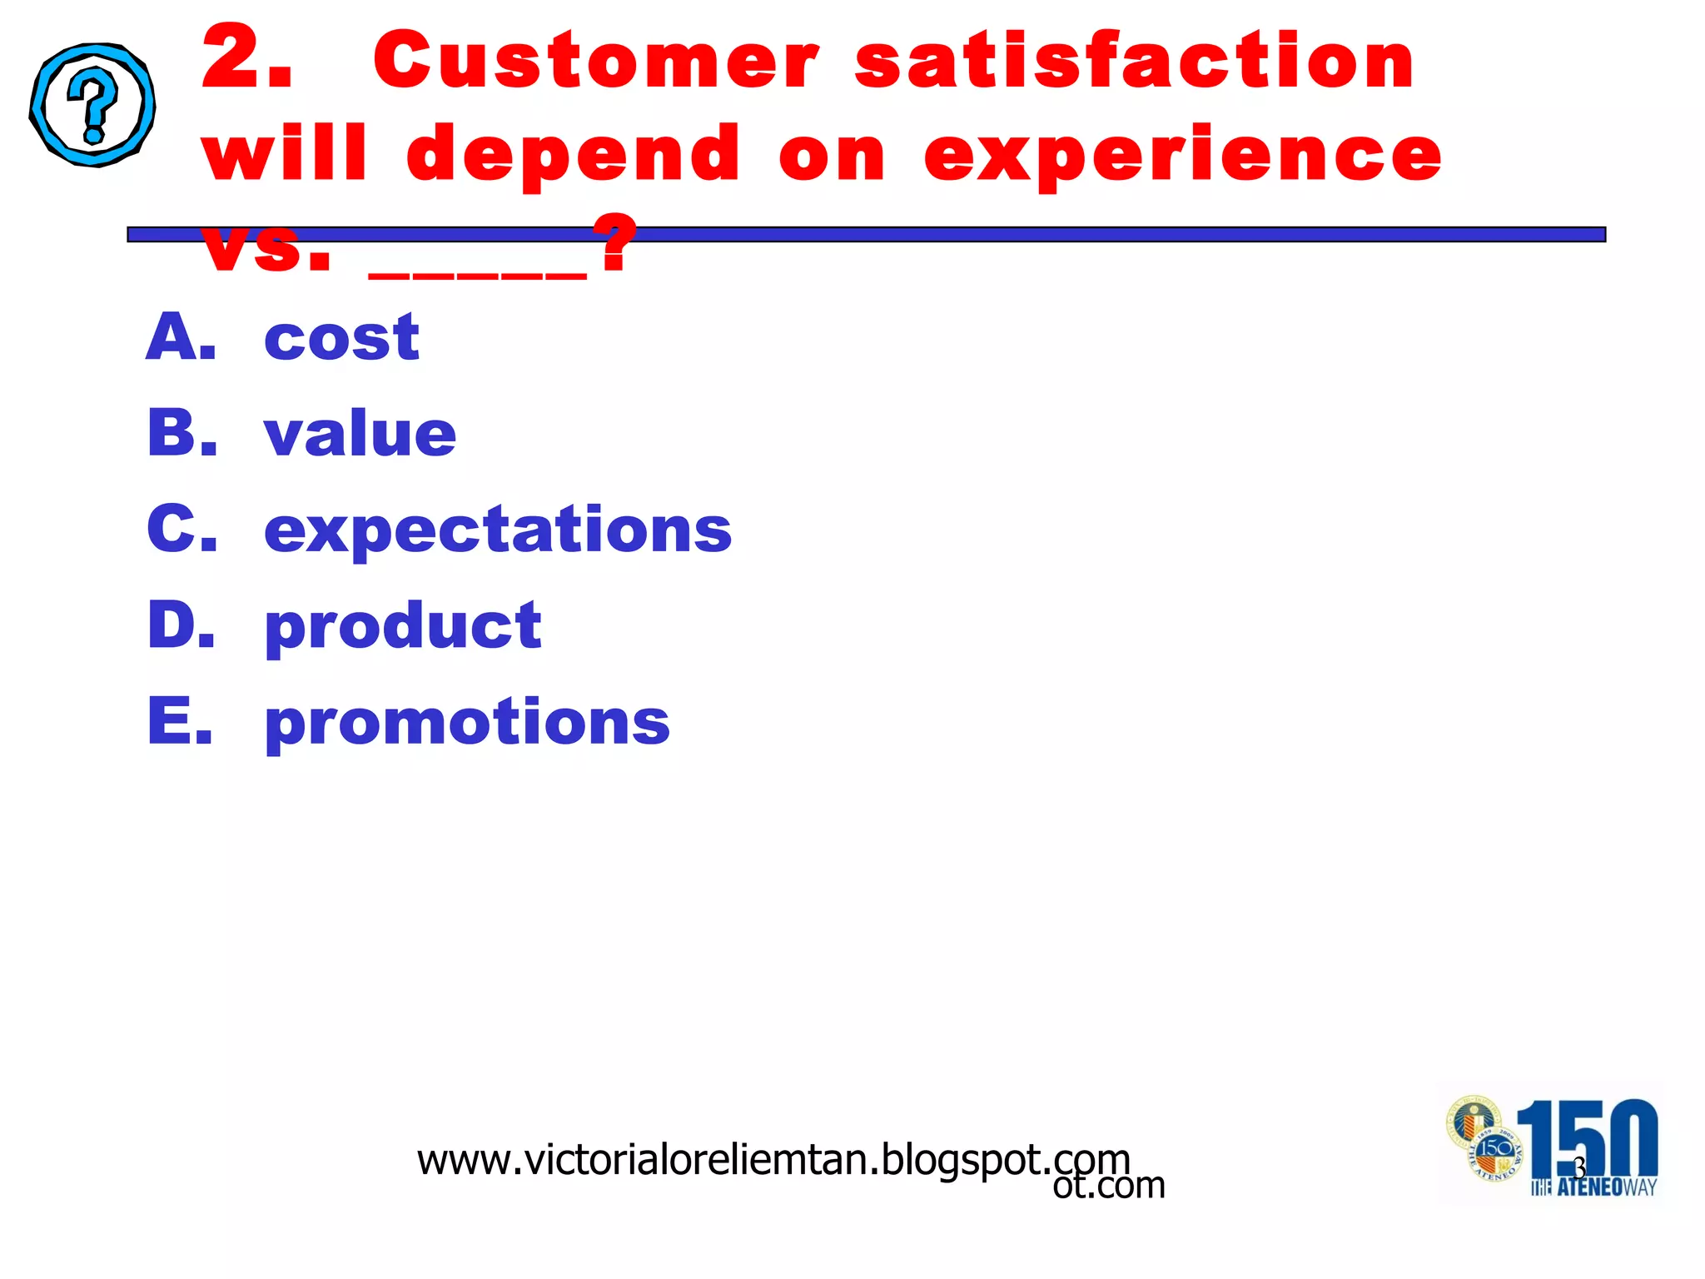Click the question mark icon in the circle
92,105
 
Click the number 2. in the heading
247,60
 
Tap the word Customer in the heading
596,62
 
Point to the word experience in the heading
1182,155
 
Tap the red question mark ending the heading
616,243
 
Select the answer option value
360,435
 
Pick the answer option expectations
497,530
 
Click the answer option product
402,626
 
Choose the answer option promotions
466,722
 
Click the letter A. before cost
181,337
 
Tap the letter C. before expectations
181,530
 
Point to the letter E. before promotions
180,721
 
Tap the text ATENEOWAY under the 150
1606,1187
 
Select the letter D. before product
181,625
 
